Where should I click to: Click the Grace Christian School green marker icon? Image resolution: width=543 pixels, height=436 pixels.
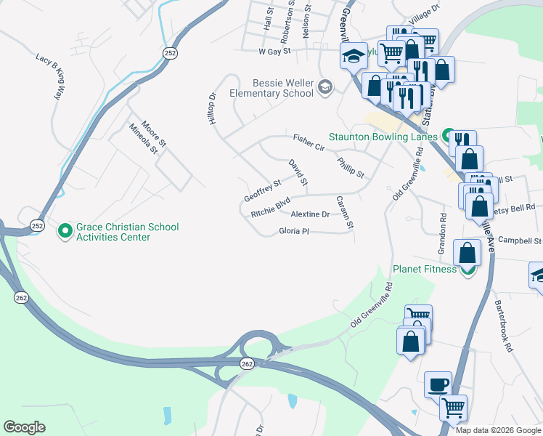[x=65, y=231]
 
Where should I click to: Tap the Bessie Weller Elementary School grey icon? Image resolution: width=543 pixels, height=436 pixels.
[x=324, y=88]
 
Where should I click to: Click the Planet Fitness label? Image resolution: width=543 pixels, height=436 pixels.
[x=425, y=269]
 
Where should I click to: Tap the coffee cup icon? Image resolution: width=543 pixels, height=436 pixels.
[x=438, y=384]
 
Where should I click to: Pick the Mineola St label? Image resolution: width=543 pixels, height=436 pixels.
[x=143, y=139]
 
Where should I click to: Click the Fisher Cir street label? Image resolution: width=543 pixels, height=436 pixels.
[x=309, y=142]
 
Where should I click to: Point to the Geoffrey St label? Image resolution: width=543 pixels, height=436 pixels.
[x=262, y=191]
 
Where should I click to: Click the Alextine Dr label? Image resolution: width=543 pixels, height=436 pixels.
[x=310, y=214]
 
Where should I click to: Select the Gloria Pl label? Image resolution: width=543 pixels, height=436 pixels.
[x=294, y=231]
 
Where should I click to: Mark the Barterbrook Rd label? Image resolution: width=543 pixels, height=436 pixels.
[x=503, y=326]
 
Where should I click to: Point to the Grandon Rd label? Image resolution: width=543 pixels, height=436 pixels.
[x=441, y=233]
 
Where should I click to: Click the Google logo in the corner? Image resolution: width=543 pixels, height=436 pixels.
[x=24, y=427]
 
